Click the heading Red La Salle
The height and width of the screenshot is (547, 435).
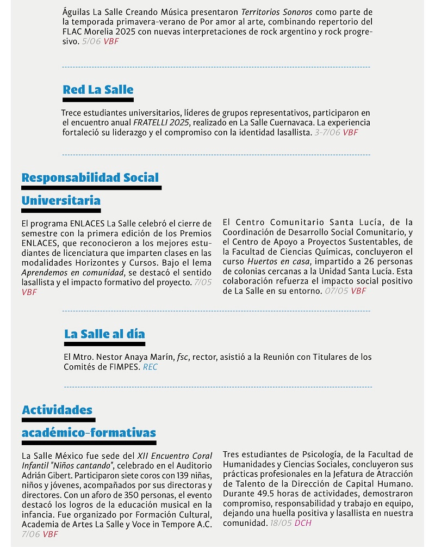pyautogui.click(x=98, y=90)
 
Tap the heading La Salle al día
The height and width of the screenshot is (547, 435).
pyautogui.click(x=104, y=334)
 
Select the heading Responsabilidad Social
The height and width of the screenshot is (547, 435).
pyautogui.click(x=90, y=177)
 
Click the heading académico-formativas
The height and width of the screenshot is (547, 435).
pyautogui.click(x=89, y=433)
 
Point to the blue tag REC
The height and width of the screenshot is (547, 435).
pyautogui.click(x=150, y=367)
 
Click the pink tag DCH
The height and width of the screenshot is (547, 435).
pyautogui.click(x=304, y=523)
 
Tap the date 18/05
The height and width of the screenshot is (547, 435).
pyautogui.click(x=282, y=523)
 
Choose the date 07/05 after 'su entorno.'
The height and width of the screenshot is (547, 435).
pyautogui.click(x=336, y=291)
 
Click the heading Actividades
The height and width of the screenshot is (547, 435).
pyautogui.click(x=57, y=410)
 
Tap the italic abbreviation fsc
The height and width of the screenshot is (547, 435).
pyautogui.click(x=182, y=358)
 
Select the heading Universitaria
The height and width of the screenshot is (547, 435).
pyautogui.click(x=61, y=201)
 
